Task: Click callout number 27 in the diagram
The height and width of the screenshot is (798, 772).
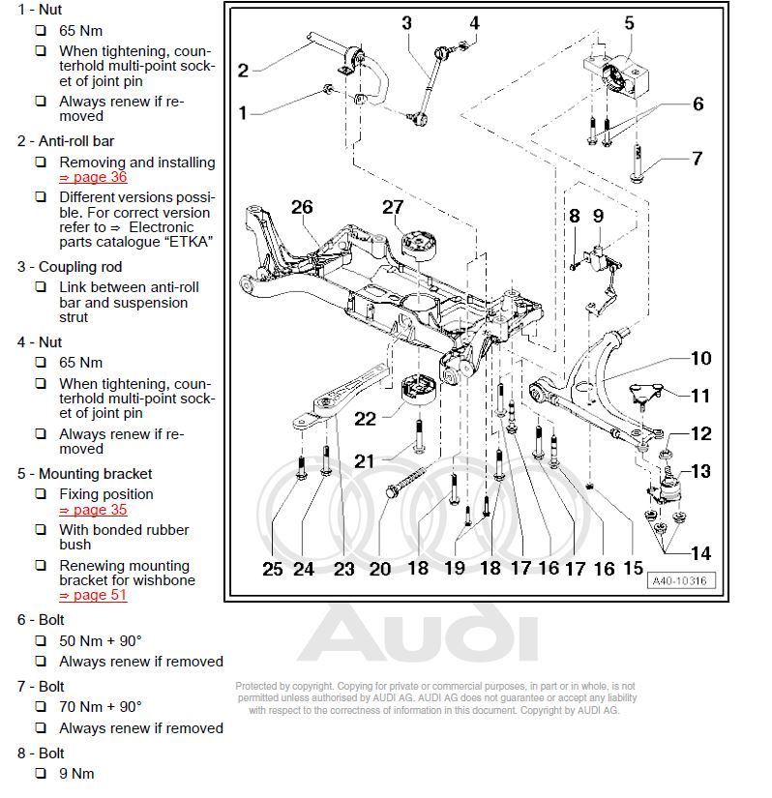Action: tap(392, 207)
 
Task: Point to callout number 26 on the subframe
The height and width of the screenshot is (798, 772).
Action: tap(302, 207)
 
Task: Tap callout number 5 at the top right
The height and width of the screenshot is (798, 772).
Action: tap(629, 23)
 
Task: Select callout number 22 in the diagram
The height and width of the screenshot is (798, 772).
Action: tap(365, 418)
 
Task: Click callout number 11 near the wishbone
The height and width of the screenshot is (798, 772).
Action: tap(699, 396)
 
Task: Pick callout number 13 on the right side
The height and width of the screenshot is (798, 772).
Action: tap(699, 471)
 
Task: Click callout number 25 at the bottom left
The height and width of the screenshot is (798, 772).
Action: tap(273, 569)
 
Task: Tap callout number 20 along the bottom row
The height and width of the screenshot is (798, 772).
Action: tap(380, 569)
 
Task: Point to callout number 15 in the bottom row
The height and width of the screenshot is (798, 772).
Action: tap(633, 569)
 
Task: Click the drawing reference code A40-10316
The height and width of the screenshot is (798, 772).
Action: tap(677, 580)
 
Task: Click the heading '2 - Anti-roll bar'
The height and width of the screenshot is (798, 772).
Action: tap(65, 141)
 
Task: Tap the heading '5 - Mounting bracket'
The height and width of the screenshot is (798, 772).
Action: tap(84, 474)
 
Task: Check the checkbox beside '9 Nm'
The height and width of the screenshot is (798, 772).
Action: tap(41, 774)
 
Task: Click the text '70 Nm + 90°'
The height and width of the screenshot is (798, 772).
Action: tap(101, 707)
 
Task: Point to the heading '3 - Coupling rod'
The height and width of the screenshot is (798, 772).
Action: tap(70, 267)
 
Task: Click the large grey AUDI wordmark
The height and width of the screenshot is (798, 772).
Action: tap(416, 635)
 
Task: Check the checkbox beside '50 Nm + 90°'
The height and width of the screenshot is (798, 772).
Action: tap(41, 640)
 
